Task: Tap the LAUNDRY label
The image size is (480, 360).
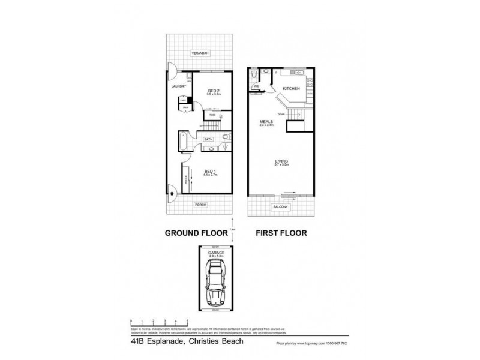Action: click(x=179, y=86)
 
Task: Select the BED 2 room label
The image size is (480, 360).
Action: click(x=214, y=90)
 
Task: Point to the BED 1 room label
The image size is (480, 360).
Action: click(x=210, y=170)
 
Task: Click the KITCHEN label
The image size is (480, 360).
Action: click(x=292, y=89)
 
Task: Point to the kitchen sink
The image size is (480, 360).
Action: click(x=295, y=73)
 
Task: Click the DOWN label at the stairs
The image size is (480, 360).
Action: click(x=281, y=114)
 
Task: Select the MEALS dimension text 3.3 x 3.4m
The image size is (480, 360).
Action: click(x=266, y=125)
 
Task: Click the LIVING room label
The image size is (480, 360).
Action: click(x=281, y=161)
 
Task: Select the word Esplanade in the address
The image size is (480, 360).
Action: click(x=163, y=343)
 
